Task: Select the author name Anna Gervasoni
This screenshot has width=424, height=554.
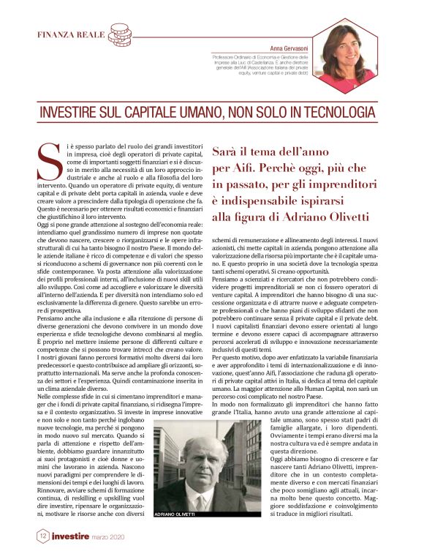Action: pos(290,47)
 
